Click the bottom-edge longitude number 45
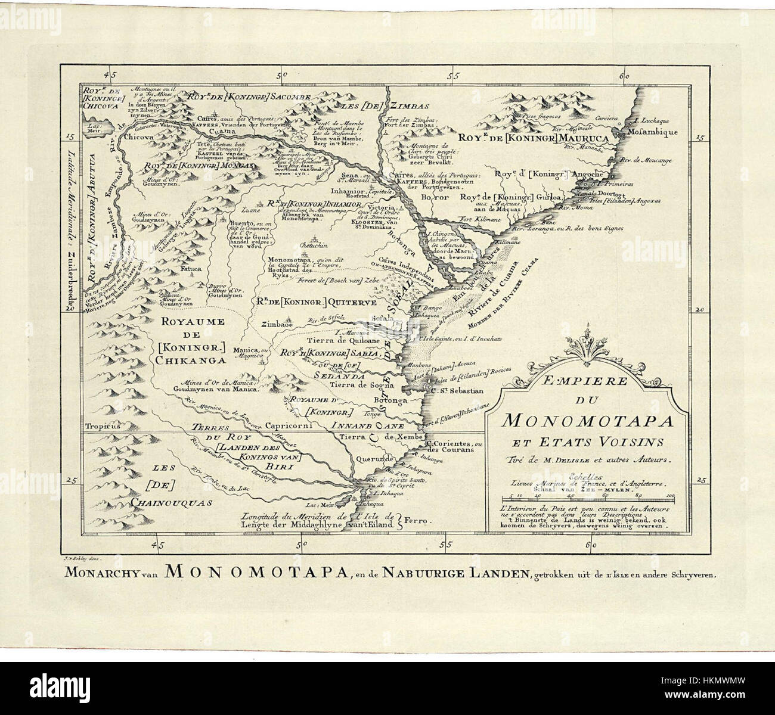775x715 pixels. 157,544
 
